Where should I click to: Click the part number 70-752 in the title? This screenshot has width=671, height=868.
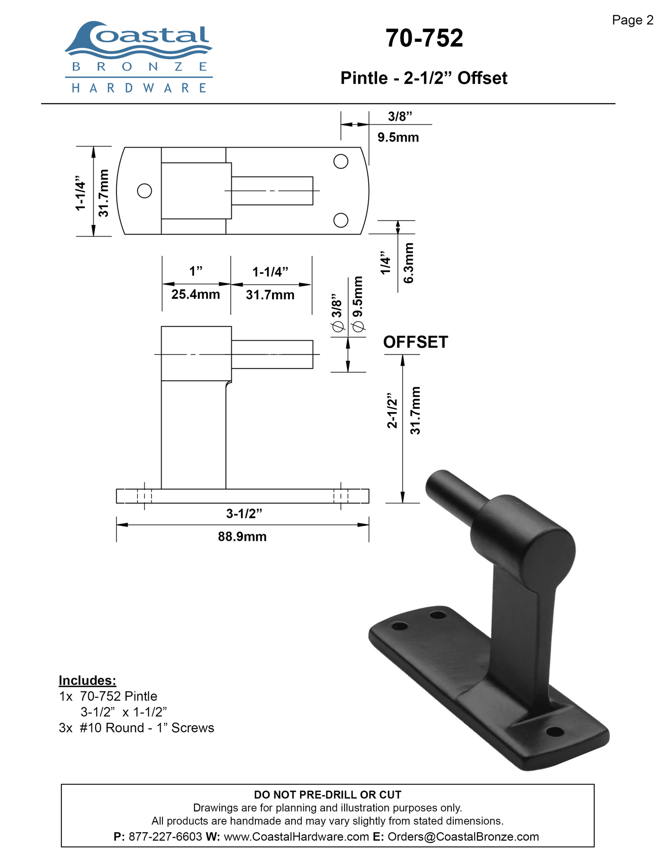tap(424, 38)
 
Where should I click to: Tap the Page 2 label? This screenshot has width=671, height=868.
tap(632, 20)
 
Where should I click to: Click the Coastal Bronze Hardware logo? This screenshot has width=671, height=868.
tap(139, 57)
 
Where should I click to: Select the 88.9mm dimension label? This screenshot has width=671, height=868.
tap(242, 537)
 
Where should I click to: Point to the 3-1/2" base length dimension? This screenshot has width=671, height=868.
tap(244, 514)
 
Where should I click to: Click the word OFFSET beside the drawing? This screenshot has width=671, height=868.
tap(416, 342)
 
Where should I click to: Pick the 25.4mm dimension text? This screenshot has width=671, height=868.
tap(195, 294)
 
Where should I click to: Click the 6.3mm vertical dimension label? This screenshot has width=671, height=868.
tap(408, 263)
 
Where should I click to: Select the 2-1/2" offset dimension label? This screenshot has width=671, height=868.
tap(392, 410)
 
